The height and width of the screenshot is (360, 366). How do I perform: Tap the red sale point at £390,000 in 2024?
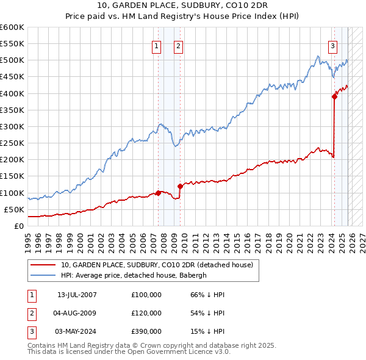coord(334,96)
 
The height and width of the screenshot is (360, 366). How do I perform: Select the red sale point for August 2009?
coord(180,186)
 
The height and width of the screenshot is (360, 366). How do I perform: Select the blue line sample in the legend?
coord(43,275)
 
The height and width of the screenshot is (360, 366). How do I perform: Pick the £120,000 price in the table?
coord(146,313)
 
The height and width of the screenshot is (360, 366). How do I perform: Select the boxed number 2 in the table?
coord(31,313)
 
